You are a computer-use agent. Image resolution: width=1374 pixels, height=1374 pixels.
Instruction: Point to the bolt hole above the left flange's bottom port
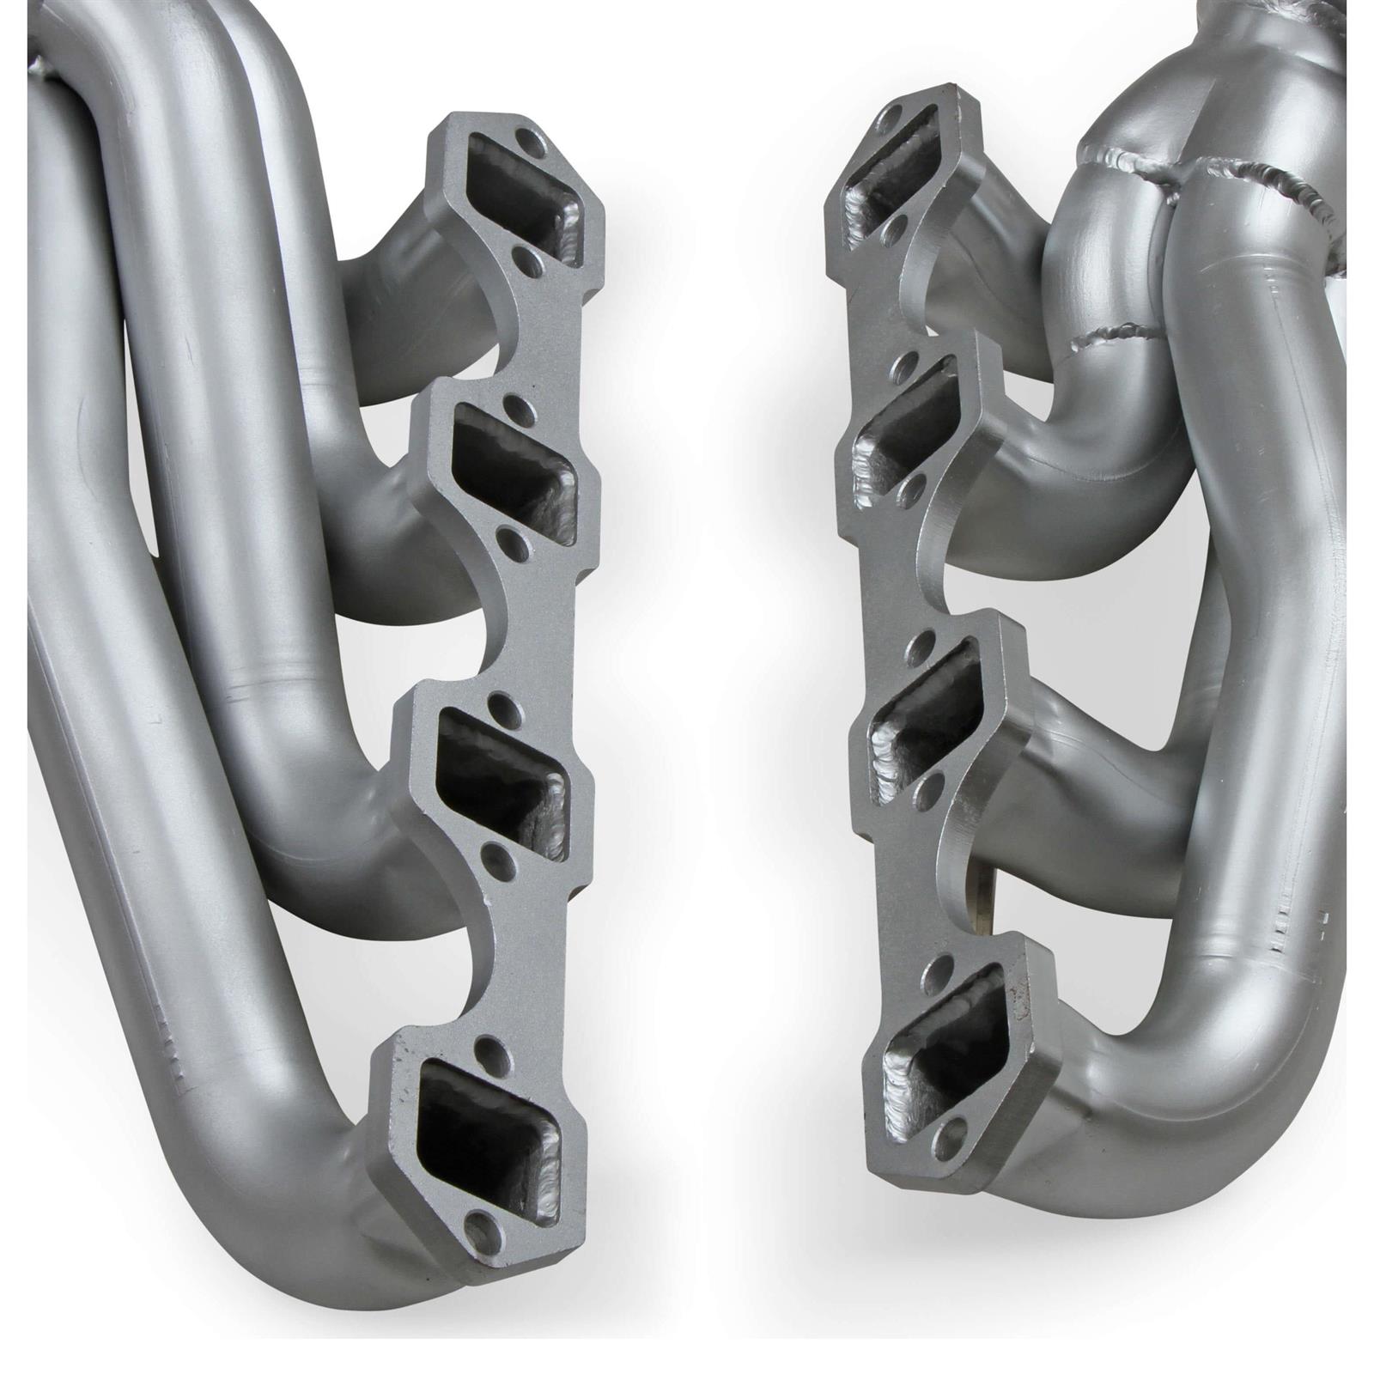coord(489,1047)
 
